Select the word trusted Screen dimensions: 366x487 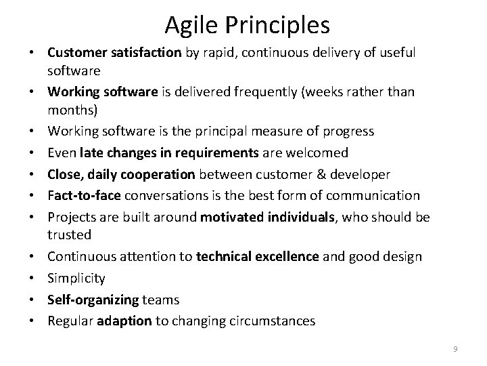pos(69,234)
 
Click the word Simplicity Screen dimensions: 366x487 pos(76,278)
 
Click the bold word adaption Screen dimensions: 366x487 pos(124,321)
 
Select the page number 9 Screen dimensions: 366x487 pos(455,348)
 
